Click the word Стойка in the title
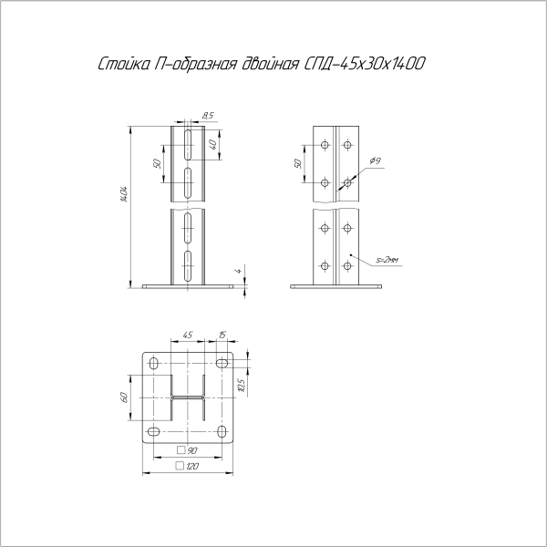coord(123,64)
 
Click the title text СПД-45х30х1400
coord(363,64)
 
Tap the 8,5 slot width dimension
coord(208,116)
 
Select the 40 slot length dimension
coord(213,144)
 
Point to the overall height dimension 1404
coord(123,195)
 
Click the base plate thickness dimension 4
coord(239,271)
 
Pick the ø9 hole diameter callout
coord(376,160)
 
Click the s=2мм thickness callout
coord(387,260)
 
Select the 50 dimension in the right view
coord(298,163)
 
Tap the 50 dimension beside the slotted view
coord(158,163)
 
